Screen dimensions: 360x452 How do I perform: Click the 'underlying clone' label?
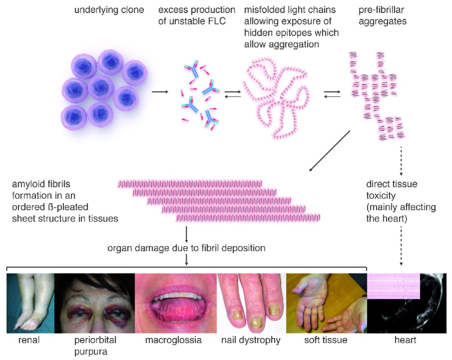coord(109,10)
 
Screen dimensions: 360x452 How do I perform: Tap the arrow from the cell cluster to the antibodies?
coord(160,92)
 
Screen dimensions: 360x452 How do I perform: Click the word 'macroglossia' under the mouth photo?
coord(173,340)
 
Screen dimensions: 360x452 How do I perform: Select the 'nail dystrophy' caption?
coord(251,340)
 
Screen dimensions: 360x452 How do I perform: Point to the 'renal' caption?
coord(29,340)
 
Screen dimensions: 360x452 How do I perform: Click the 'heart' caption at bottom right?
coord(405,340)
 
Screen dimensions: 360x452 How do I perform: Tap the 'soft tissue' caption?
coord(326,340)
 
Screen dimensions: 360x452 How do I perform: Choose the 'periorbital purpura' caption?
coord(95,346)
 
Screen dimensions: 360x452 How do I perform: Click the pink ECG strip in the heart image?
coord(393,286)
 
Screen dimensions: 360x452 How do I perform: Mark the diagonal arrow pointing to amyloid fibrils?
coord(329,151)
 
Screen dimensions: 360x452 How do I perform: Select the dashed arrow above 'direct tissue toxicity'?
coord(401,161)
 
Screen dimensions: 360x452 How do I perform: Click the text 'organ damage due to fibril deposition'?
coord(186,248)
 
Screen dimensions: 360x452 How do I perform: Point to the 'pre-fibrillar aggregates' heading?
coord(382,16)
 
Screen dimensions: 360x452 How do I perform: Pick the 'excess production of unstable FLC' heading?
coord(197,16)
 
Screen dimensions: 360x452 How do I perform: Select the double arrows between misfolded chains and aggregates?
coord(332,94)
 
